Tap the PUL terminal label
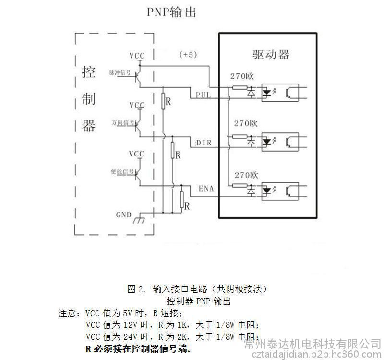pyautogui.click(x=204, y=95)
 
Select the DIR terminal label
pyautogui.click(x=204, y=143)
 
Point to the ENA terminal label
pyautogui.click(x=206, y=189)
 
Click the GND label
pyautogui.click(x=123, y=215)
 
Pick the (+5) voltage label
pyautogui.click(x=188, y=55)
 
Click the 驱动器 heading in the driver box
pyautogui.click(x=271, y=54)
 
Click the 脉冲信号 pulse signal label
pyautogui.click(x=119, y=72)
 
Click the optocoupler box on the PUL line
pyautogui.click(x=279, y=92)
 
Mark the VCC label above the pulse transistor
pyautogui.click(x=136, y=56)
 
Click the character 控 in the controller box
pyautogui.click(x=88, y=72)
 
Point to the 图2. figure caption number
pyautogui.click(x=135, y=289)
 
